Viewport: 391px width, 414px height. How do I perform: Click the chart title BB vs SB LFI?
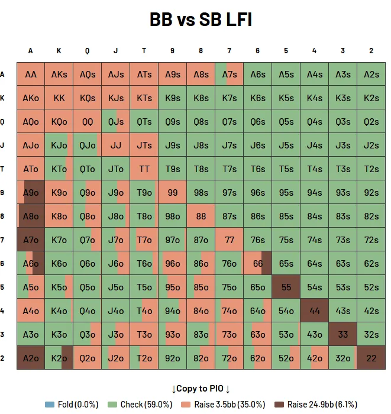201,20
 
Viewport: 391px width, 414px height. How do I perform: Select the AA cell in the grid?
31,75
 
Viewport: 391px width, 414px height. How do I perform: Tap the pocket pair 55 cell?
286,287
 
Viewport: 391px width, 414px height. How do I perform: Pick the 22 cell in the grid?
371,358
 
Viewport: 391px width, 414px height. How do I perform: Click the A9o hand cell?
31,192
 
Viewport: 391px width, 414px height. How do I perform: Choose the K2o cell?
59,358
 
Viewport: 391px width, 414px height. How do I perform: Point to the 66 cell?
258,263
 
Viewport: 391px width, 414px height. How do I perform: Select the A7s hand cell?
230,75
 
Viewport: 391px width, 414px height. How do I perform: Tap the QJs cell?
116,122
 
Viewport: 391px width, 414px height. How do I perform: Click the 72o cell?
230,358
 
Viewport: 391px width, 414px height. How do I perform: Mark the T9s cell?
173,169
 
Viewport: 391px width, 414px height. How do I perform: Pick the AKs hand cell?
59,75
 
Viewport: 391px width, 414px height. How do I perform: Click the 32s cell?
371,334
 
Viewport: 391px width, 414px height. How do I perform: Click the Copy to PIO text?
201,389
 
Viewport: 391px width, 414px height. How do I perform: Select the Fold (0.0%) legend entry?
72,405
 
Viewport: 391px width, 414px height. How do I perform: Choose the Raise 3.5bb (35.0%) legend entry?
221,405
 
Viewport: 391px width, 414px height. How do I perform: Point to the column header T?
144,51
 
